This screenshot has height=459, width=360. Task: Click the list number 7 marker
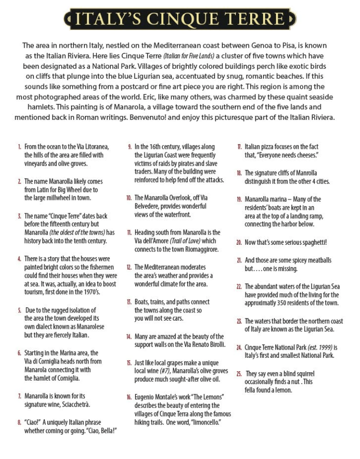click(x=19, y=396)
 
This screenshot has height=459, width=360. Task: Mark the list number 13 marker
click(x=129, y=302)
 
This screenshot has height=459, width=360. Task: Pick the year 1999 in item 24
click(x=326, y=347)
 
